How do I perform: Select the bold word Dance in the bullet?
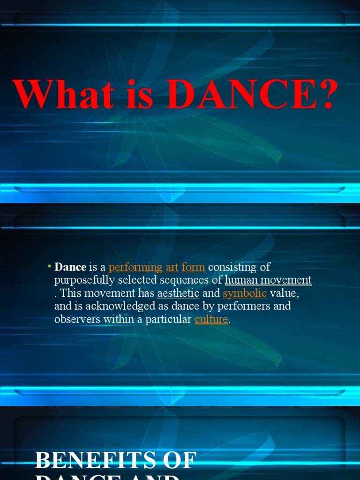coord(70,267)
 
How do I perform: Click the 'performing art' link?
coord(143,268)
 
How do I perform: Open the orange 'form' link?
coord(193,267)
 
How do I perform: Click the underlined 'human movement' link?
coord(268,280)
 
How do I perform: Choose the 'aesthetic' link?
coord(178,293)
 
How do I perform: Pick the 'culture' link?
coord(211,320)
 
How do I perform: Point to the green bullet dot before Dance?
coord(49,267)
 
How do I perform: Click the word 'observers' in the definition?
coord(76,320)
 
